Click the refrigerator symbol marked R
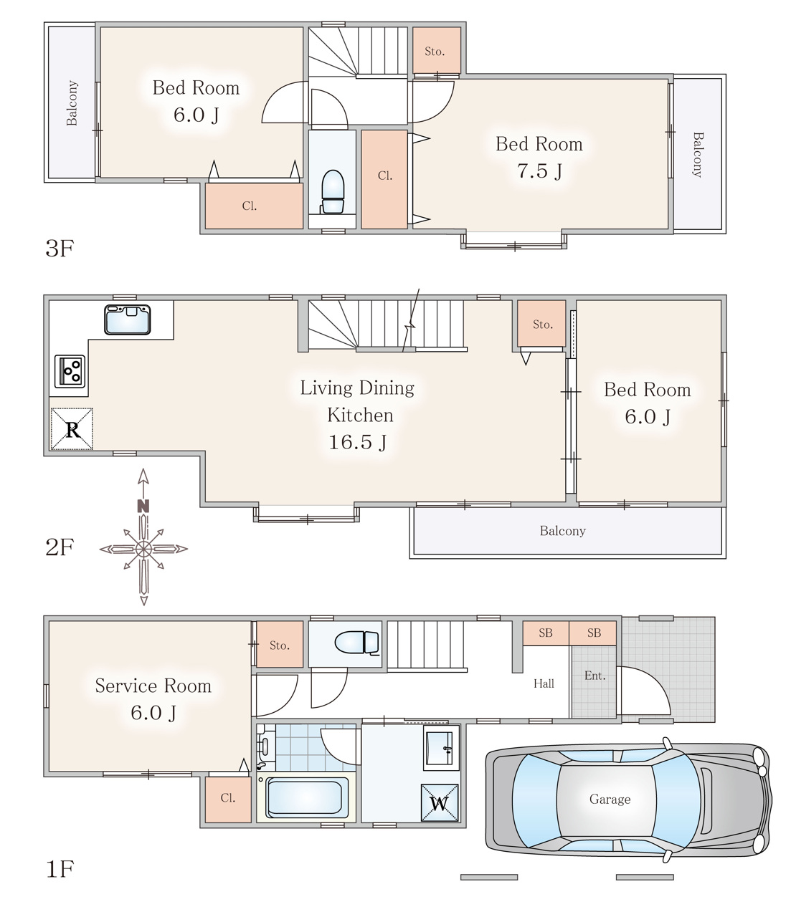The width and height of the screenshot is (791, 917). (x=72, y=429)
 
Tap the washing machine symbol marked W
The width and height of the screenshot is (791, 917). (x=440, y=802)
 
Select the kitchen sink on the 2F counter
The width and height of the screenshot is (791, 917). (x=128, y=320)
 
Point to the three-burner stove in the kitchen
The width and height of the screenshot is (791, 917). (x=70, y=371)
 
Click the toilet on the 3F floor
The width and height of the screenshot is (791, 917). (x=333, y=192)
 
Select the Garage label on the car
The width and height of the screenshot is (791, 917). (x=610, y=799)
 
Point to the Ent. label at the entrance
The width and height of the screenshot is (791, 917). (x=595, y=676)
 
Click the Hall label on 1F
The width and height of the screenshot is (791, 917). (x=544, y=683)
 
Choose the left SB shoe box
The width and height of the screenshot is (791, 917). (x=546, y=633)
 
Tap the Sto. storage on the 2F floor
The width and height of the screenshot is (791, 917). (x=542, y=325)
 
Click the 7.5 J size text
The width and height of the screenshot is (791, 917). (x=539, y=171)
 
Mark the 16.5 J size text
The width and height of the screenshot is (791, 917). (x=358, y=442)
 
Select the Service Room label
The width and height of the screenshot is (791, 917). (x=153, y=686)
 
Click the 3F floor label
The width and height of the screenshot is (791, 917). (x=60, y=248)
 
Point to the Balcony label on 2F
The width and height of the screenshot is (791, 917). (x=563, y=531)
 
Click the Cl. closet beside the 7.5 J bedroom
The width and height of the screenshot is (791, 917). (x=384, y=179)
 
